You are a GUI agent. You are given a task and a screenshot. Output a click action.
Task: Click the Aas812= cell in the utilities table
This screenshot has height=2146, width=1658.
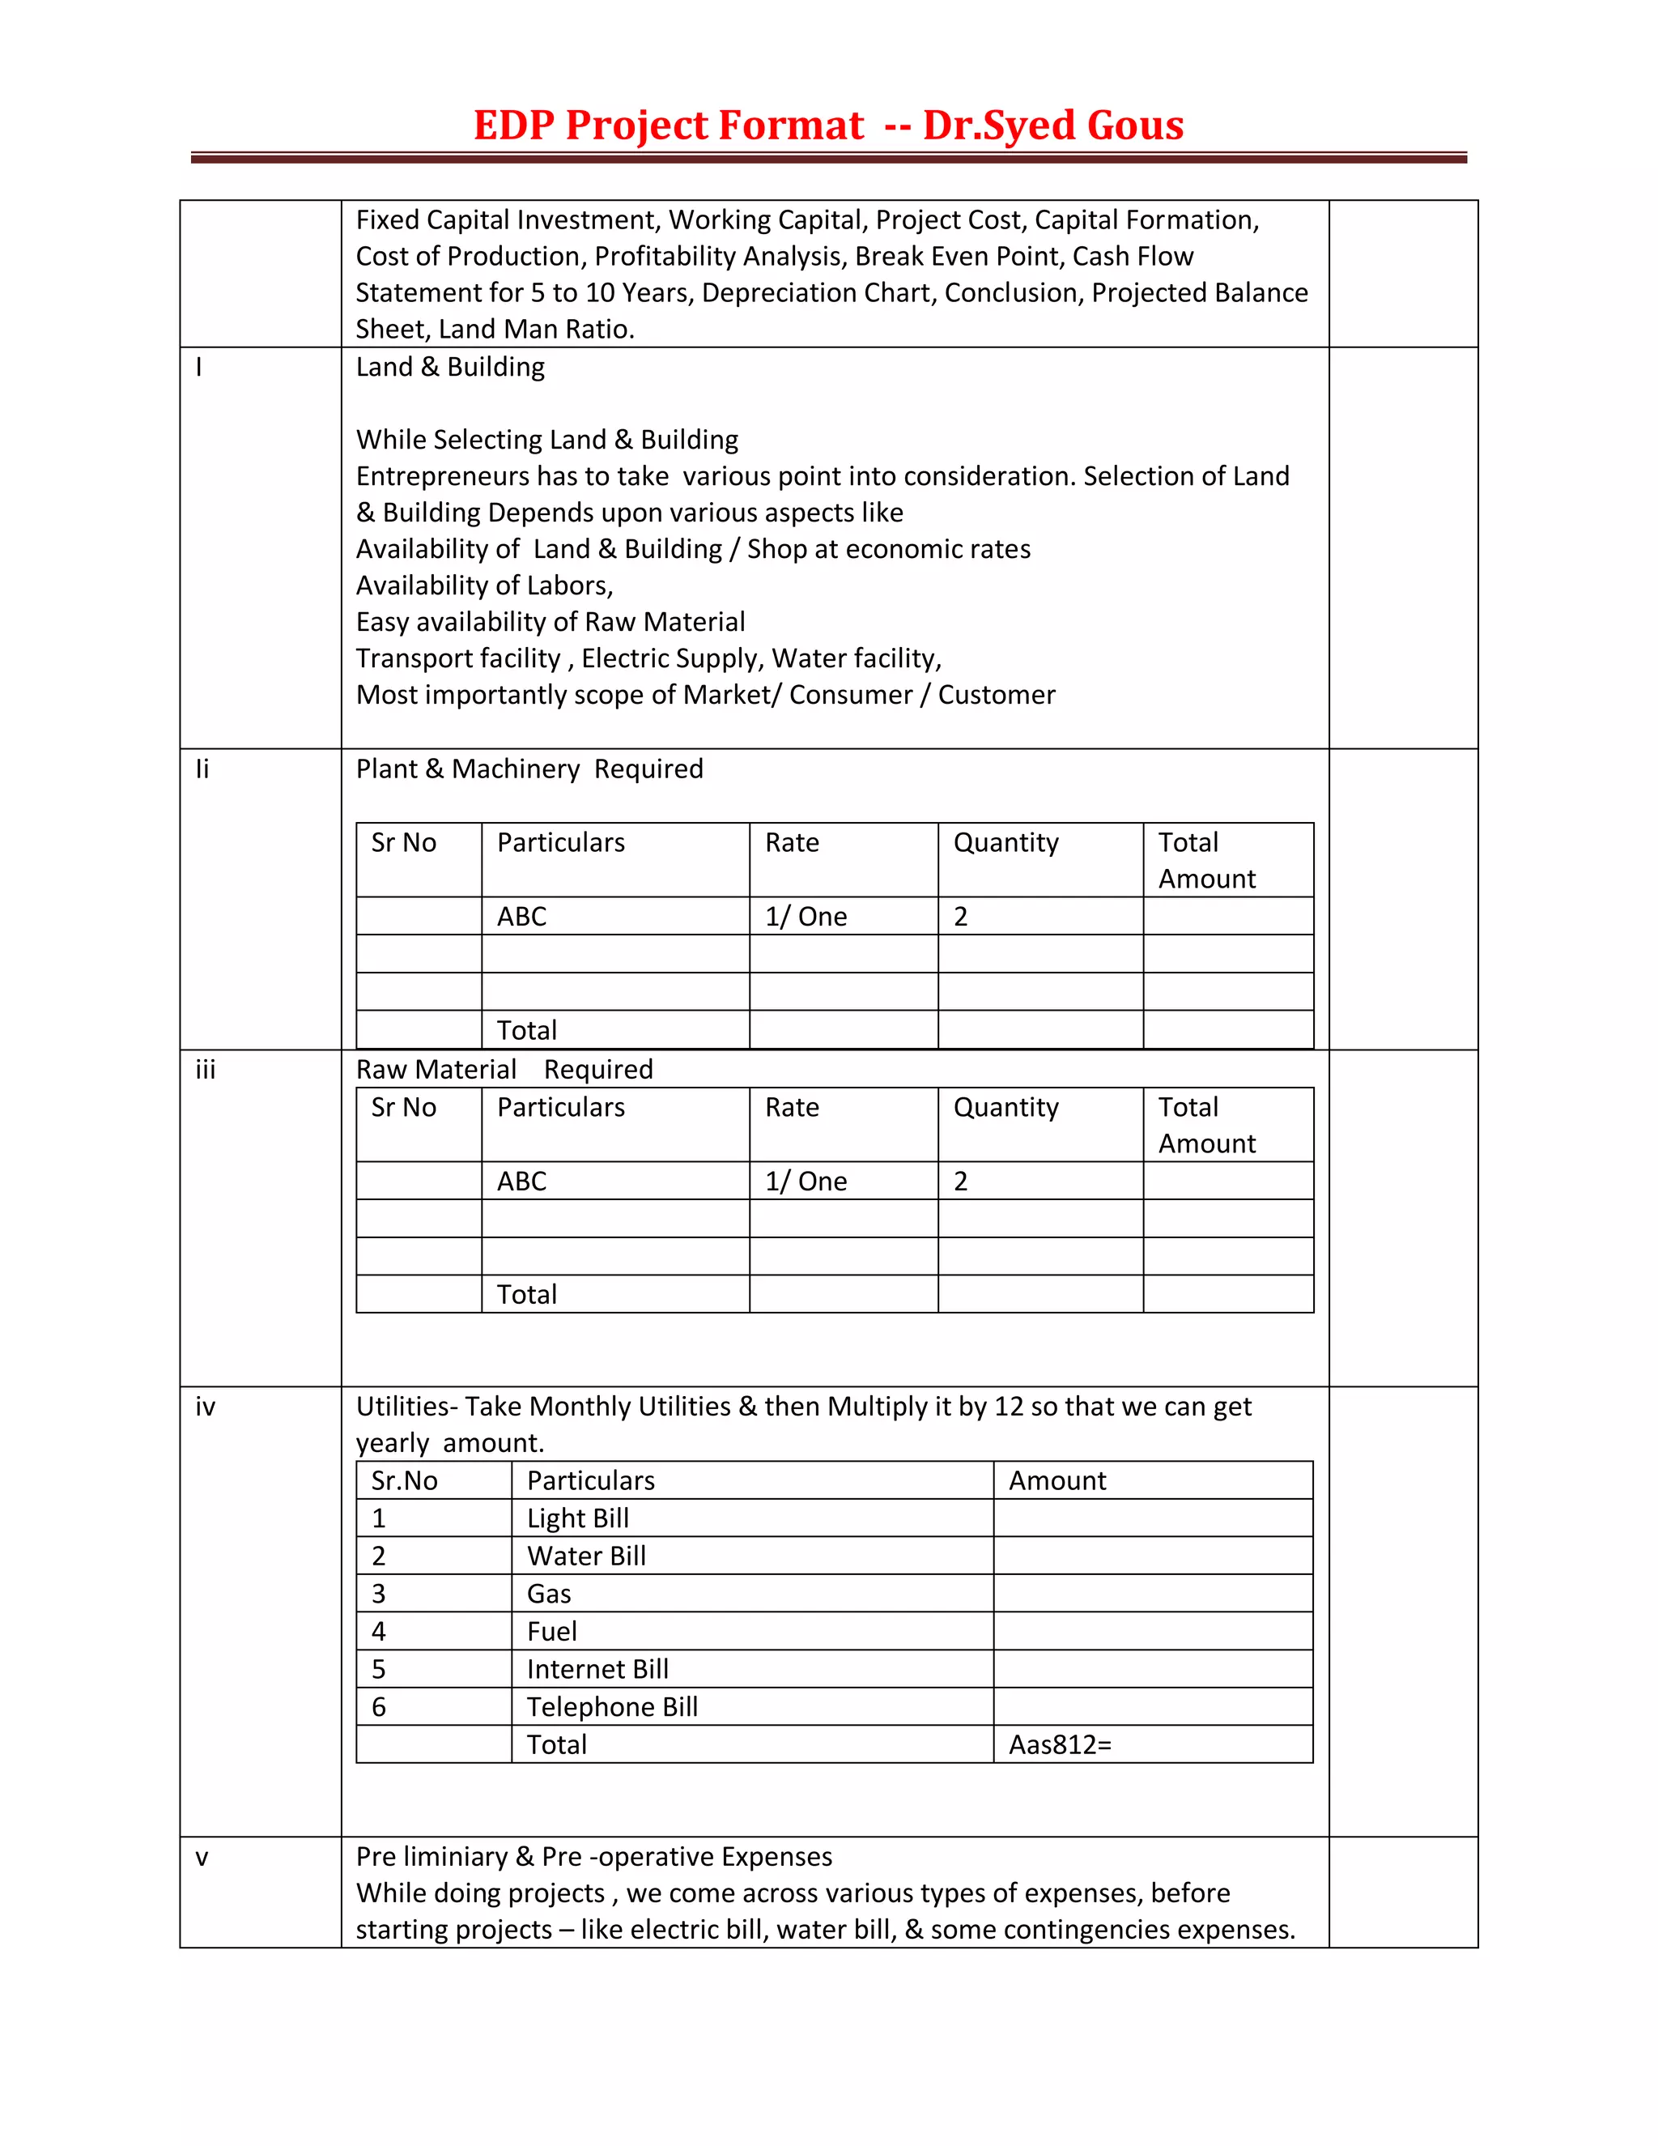tap(1060, 1744)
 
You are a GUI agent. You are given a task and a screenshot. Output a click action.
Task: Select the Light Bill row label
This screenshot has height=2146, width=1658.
tap(577, 1518)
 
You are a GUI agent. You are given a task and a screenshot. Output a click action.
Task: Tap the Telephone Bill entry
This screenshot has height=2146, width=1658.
tap(612, 1707)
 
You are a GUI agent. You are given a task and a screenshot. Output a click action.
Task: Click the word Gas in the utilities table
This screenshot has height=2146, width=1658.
tap(548, 1594)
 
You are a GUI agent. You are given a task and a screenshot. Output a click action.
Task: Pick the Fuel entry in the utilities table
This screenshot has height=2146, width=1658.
tap(551, 1631)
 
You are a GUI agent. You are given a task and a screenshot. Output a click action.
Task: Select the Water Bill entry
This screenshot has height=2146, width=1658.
tap(586, 1556)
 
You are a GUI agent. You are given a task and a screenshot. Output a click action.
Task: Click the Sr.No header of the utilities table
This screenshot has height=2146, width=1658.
tap(404, 1481)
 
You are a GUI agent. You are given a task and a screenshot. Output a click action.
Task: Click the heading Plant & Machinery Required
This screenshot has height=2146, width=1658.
tap(529, 769)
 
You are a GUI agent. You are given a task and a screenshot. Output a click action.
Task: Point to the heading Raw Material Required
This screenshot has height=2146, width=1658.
tap(504, 1069)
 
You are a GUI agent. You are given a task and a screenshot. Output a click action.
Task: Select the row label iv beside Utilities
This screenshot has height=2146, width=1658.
tap(204, 1407)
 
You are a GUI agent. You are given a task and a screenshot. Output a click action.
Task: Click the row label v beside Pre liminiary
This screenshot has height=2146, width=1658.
tap(202, 1857)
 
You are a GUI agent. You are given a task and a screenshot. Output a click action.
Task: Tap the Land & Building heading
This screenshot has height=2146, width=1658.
tap(450, 367)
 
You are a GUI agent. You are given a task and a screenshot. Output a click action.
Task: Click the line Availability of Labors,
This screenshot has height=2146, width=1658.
tap(484, 585)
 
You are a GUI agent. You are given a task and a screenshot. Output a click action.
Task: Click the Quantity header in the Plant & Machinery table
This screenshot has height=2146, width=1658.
tap(1005, 843)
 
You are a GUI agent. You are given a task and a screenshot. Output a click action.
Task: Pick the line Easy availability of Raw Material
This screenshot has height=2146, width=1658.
tap(550, 622)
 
